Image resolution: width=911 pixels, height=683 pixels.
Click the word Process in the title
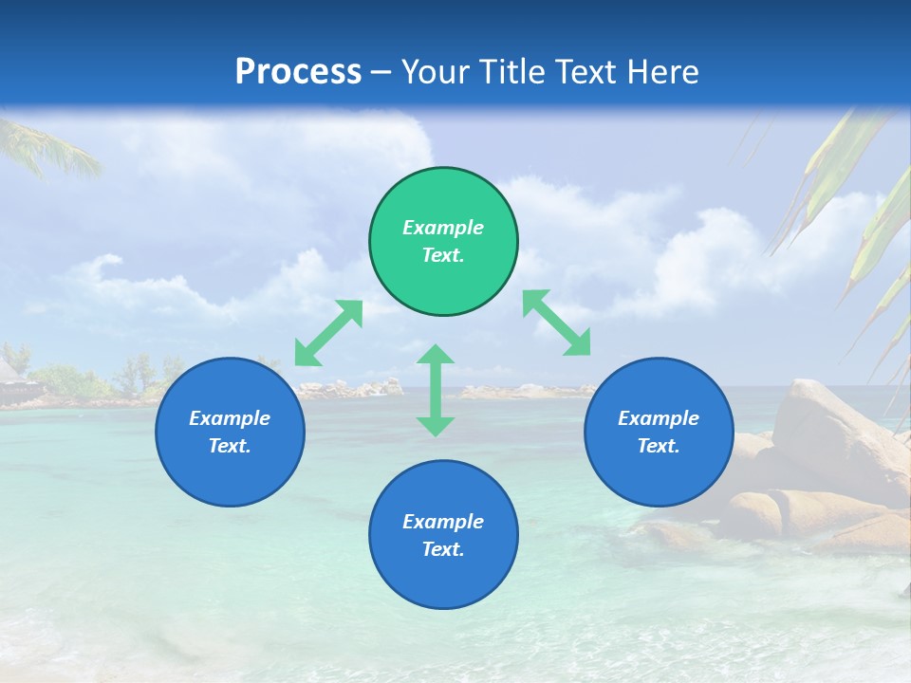pyautogui.click(x=298, y=72)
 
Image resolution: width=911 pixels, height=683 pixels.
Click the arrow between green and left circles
pyautogui.click(x=328, y=333)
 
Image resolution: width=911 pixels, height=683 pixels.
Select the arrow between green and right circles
pyautogui.click(x=557, y=323)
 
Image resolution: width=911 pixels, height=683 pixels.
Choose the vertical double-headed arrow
pyautogui.click(x=436, y=390)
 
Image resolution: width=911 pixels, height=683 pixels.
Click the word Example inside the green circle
pyautogui.click(x=443, y=228)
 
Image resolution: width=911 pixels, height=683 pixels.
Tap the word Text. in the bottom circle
pyautogui.click(x=443, y=549)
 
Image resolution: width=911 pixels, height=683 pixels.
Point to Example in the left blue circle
pyautogui.click(x=230, y=418)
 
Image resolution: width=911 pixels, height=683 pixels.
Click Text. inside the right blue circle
pyautogui.click(x=659, y=446)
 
